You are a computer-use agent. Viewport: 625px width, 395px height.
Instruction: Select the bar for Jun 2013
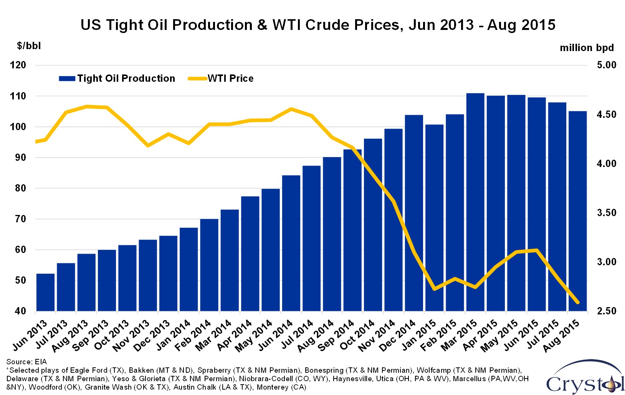click(x=45, y=292)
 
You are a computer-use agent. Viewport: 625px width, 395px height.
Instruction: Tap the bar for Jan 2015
click(x=434, y=218)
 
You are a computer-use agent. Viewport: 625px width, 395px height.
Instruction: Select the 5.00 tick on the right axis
click(x=606, y=65)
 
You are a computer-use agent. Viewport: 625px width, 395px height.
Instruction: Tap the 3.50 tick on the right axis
click(x=606, y=213)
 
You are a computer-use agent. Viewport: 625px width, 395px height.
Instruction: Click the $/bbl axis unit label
click(x=29, y=46)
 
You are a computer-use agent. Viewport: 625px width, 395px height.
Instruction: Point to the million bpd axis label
click(x=587, y=48)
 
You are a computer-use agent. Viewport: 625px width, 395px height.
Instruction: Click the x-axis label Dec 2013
click(x=152, y=336)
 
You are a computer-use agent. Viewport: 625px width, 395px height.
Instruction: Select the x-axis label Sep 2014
click(x=336, y=336)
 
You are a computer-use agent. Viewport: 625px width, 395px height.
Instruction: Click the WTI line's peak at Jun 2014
click(x=291, y=109)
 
